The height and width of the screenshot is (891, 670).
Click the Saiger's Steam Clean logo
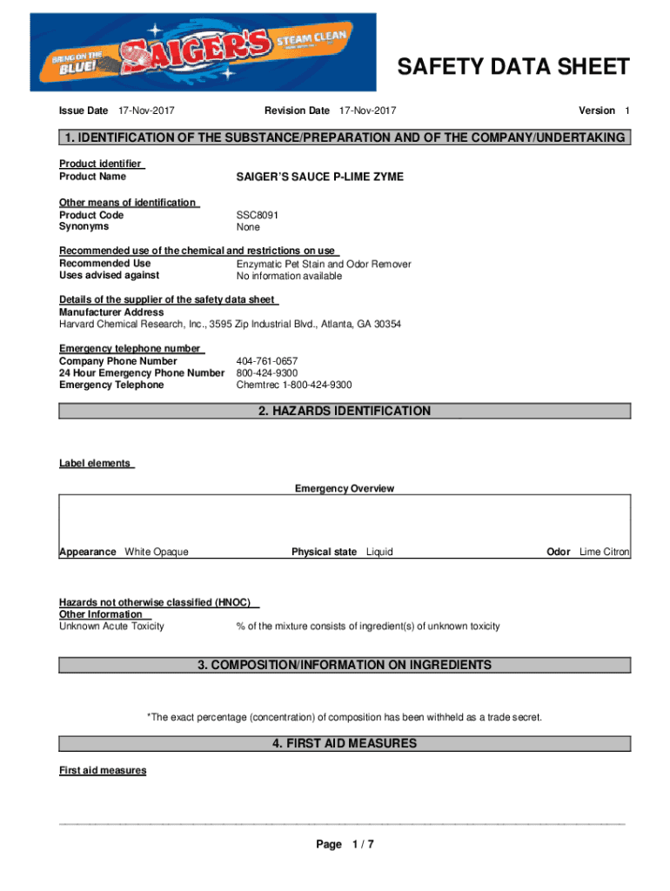[x=203, y=52]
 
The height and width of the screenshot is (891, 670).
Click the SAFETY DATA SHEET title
[x=513, y=67]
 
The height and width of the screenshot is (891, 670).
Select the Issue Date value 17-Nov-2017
[x=146, y=111]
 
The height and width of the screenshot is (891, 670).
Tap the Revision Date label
[x=297, y=111]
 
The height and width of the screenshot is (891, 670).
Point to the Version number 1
[x=626, y=111]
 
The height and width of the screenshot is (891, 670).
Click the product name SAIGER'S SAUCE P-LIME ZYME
[x=320, y=177]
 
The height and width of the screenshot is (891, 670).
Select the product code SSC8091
[x=258, y=215]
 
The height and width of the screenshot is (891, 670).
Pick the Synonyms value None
[x=248, y=227]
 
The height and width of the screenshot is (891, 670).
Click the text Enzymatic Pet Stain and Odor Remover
[x=324, y=264]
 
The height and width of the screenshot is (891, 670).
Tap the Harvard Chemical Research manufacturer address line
[x=230, y=324]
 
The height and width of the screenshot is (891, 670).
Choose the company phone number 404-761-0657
[x=267, y=360]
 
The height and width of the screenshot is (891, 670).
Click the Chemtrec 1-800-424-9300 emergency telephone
[x=294, y=385]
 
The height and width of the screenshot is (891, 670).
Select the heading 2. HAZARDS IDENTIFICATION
[x=345, y=411]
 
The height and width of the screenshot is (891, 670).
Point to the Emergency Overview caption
[x=345, y=488]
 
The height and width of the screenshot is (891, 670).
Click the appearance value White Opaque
[x=157, y=552]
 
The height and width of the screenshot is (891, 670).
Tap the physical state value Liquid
[x=379, y=552]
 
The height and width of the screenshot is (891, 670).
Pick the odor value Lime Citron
[x=605, y=552]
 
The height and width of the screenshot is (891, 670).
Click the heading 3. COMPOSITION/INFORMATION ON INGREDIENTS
[x=345, y=665]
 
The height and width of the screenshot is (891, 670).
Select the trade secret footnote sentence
[x=345, y=717]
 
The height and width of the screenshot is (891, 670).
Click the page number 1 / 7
[x=363, y=844]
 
